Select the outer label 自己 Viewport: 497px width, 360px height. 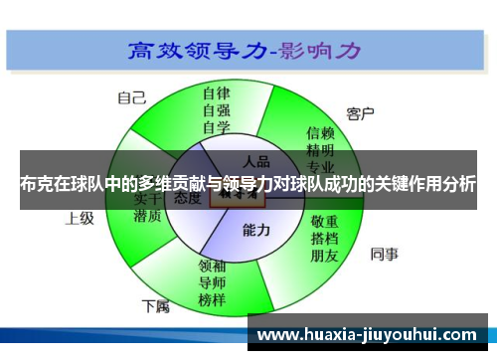131,97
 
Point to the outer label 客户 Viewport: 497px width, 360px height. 360,113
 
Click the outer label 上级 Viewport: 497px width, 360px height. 79,218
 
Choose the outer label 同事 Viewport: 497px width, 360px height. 384,254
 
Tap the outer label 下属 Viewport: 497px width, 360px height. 155,304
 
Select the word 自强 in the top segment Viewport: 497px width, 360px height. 216,111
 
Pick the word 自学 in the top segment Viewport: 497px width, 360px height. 216,127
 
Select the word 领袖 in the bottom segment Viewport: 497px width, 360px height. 213,266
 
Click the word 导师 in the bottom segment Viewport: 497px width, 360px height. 213,282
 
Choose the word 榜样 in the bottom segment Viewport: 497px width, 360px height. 213,299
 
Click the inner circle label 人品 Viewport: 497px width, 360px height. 256,159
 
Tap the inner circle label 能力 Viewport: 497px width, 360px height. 256,230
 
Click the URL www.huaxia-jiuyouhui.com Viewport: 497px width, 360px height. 368,334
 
